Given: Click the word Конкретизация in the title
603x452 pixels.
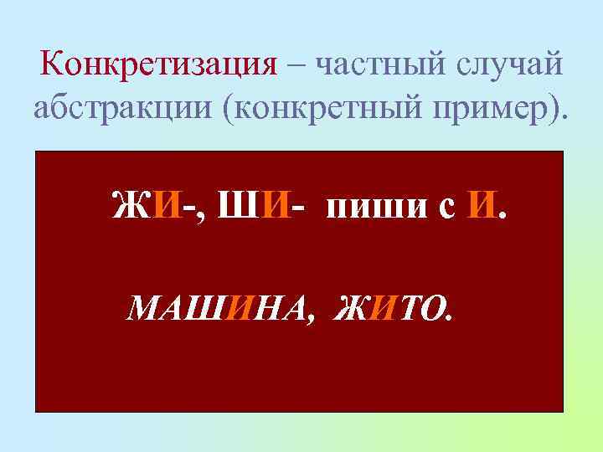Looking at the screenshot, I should point(158,63).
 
